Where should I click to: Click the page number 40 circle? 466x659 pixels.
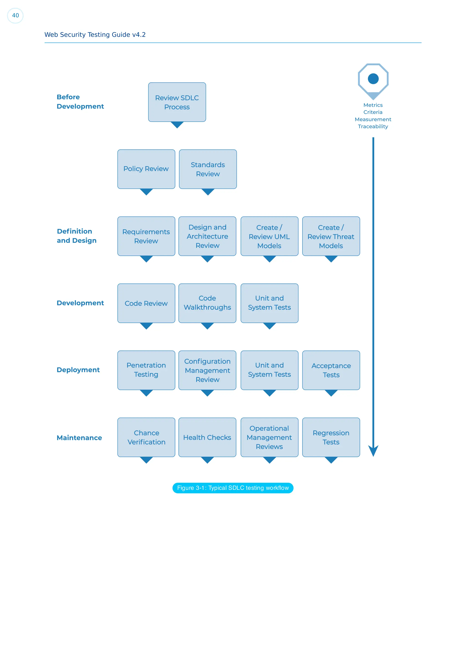15,15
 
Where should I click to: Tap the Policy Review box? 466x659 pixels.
146,169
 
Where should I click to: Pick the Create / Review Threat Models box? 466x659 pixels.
331,236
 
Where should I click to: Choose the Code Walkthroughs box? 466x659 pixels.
207,303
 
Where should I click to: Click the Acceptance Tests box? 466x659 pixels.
331,370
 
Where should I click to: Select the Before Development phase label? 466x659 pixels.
80,102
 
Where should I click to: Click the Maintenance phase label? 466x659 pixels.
79,438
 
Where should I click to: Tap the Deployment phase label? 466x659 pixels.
78,370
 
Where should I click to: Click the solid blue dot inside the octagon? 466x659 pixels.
373,79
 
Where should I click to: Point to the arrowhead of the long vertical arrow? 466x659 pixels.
373,451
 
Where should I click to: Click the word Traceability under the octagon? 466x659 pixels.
373,127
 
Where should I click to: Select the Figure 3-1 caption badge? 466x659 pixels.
233,488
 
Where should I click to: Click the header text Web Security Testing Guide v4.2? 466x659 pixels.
95,35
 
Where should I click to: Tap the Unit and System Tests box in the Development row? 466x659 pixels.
269,303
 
